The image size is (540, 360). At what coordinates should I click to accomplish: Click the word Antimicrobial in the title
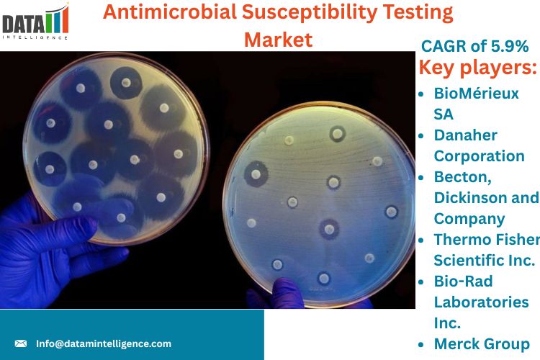170,12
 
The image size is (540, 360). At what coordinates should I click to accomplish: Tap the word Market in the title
278,40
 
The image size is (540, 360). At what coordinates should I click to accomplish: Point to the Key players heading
477,67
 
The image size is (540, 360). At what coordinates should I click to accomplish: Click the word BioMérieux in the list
476,94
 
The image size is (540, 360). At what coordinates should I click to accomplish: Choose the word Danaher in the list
465,135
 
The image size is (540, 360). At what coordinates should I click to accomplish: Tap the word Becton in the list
462,177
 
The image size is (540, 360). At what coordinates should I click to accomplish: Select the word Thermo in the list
461,240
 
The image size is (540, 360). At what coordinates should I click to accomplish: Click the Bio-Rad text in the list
463,281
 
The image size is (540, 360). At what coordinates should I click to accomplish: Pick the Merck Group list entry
482,344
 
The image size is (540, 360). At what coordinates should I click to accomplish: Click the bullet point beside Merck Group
421,344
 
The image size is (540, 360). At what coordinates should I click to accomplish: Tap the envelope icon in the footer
21,343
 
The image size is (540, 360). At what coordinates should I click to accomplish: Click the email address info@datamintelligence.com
104,343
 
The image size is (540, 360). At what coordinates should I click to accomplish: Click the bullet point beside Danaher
421,136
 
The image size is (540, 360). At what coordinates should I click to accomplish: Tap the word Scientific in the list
464,261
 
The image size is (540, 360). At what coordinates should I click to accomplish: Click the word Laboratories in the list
481,302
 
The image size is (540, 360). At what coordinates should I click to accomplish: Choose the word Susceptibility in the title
310,13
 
